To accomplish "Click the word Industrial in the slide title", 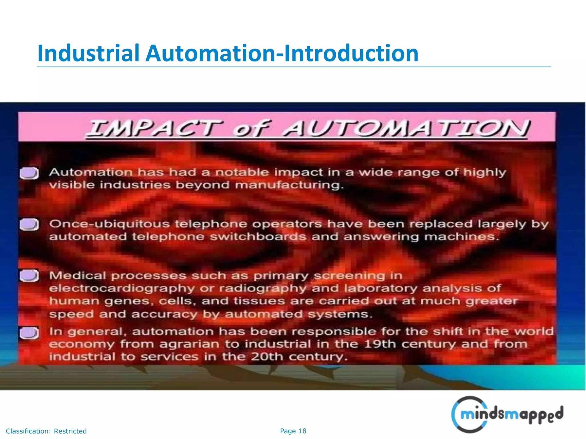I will [88, 53].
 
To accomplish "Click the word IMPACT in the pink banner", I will [155, 128].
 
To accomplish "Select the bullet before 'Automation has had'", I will [29, 173].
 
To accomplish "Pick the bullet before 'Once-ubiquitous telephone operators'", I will [29, 224].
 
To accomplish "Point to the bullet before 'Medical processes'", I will [29, 276].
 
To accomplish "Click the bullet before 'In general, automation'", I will [29, 333].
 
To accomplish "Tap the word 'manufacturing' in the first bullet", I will [289, 185].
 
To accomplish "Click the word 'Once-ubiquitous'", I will [109, 224].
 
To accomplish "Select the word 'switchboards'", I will [258, 237].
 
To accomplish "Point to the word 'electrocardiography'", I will [122, 288].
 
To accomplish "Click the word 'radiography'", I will [262, 288].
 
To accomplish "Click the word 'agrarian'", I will [189, 344].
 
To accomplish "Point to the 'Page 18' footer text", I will [293, 431].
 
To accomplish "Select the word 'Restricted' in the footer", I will [70, 431].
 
